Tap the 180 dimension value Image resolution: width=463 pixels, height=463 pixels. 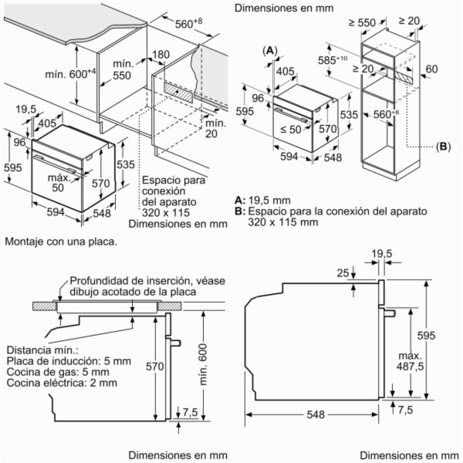point(161,56)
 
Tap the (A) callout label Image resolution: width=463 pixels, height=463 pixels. point(270,51)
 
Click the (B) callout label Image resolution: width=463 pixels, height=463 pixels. point(442,146)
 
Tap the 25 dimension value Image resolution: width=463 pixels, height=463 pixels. point(342,272)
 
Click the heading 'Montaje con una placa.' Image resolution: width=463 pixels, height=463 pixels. point(61,242)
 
